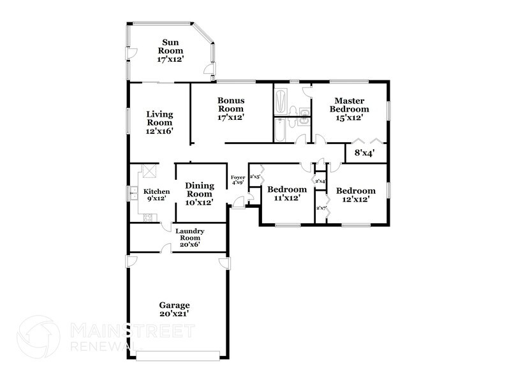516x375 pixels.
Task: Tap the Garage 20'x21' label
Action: click(174, 309)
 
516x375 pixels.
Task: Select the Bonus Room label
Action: click(231, 108)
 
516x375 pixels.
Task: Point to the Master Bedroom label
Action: click(349, 109)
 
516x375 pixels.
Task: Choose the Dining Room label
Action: click(199, 193)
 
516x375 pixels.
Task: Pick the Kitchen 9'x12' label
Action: click(156, 195)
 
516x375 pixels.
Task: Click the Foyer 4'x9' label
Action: click(238, 180)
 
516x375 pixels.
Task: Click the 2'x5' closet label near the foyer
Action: click(254, 177)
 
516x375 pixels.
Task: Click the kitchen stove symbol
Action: click(148, 217)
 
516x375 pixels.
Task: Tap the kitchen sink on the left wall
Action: click(135, 193)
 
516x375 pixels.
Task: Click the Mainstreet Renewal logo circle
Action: click(38, 337)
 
